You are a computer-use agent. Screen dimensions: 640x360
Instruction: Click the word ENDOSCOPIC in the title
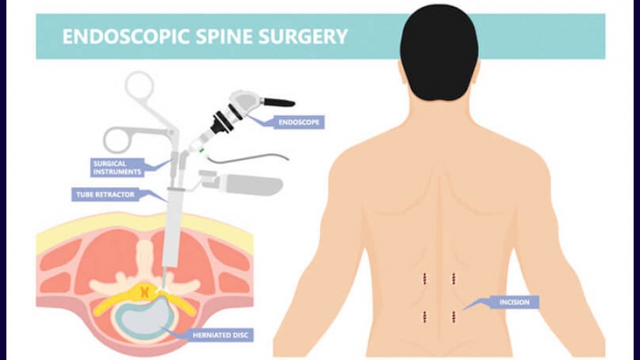click(x=126, y=36)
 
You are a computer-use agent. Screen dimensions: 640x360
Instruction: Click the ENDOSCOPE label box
click(x=299, y=122)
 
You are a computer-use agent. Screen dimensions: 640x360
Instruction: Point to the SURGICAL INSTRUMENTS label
click(x=117, y=167)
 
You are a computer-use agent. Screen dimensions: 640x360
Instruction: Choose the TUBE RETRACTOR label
click(x=105, y=195)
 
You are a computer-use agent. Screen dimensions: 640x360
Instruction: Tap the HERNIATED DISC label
click(x=220, y=335)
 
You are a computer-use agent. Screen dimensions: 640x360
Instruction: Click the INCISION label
click(x=514, y=302)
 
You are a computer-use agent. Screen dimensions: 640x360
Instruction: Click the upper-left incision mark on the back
click(x=425, y=279)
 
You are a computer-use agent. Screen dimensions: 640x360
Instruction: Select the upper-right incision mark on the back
click(x=454, y=279)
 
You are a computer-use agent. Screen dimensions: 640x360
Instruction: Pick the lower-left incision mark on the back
click(x=425, y=317)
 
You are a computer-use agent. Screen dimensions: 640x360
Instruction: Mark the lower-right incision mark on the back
click(x=454, y=317)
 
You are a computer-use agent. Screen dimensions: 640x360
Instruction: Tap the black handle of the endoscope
click(x=279, y=102)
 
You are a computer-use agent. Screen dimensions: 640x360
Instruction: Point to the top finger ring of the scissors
click(x=139, y=85)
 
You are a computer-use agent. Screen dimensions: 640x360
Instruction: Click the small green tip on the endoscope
click(x=202, y=150)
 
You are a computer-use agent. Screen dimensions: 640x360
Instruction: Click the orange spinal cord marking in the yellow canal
click(x=144, y=292)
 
